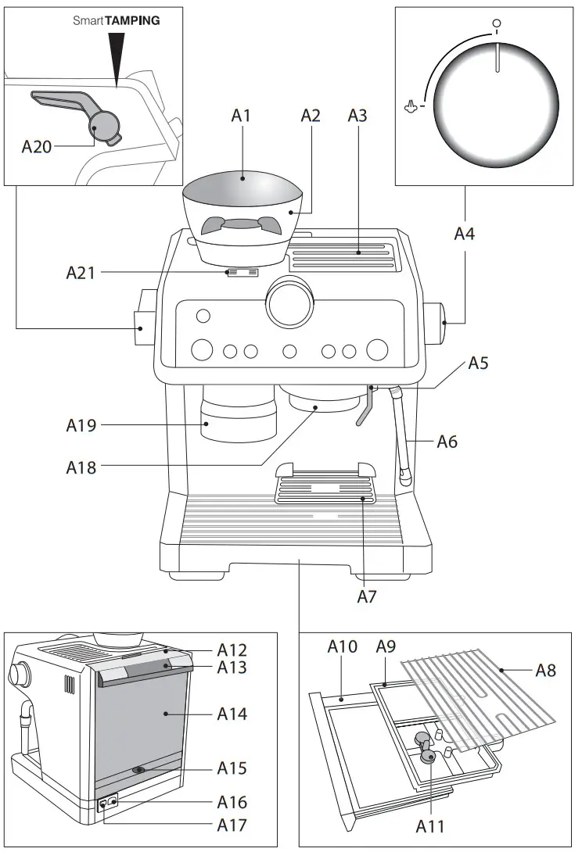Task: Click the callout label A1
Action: pyautogui.click(x=241, y=116)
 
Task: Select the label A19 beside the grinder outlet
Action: pyautogui.click(x=81, y=426)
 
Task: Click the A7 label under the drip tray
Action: pyautogui.click(x=368, y=596)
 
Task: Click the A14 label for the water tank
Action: pyautogui.click(x=232, y=714)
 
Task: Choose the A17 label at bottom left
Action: pyautogui.click(x=232, y=824)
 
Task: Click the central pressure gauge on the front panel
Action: pyautogui.click(x=289, y=302)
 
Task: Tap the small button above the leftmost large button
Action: pyautogui.click(x=203, y=316)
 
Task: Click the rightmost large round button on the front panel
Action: pyautogui.click(x=377, y=349)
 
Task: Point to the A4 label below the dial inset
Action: pyautogui.click(x=464, y=233)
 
